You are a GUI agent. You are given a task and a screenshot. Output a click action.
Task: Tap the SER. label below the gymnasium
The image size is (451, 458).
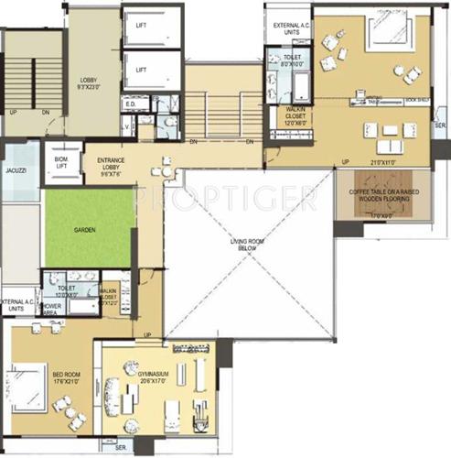(120, 447)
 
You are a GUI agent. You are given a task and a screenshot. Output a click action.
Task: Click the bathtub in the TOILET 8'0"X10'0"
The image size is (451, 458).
(299, 90)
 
